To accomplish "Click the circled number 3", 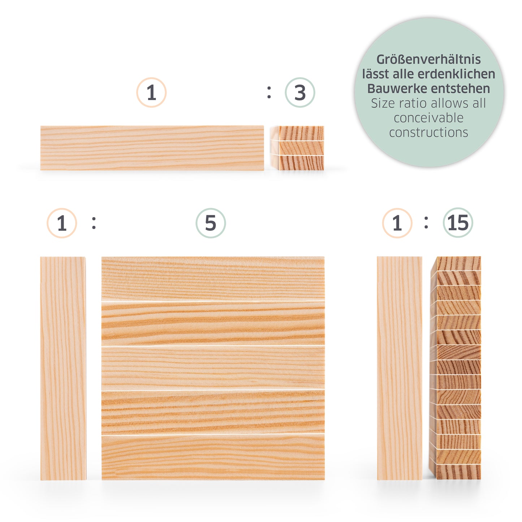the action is point(299,92).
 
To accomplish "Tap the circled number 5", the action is point(211,223).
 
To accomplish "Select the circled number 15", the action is point(458,223).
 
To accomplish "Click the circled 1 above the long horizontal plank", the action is point(151,92).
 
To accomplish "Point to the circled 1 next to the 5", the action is point(62,223).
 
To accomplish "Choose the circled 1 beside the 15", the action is point(397,223).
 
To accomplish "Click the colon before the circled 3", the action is point(269,92).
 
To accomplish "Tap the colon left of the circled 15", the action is point(426,223).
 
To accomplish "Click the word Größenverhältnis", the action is point(428,60).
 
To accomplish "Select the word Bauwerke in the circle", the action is point(398,89).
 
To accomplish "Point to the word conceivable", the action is point(428,118).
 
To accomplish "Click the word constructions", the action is point(428,133).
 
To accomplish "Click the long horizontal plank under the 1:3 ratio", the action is point(152,148).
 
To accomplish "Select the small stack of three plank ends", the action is point(297,148).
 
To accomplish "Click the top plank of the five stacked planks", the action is point(213,279).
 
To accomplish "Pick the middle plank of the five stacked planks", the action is point(213,368).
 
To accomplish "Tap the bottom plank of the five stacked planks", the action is point(213,457).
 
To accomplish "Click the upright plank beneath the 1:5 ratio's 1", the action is point(63,368).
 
